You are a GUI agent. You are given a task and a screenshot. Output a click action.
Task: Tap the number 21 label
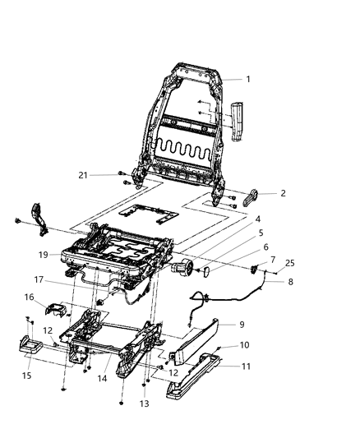105,175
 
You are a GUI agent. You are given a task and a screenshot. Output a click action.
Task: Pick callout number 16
29,297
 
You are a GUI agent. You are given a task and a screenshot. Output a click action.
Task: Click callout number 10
267,345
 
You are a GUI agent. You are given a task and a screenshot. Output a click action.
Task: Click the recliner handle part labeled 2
252,194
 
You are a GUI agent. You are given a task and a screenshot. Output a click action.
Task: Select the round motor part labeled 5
182,268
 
